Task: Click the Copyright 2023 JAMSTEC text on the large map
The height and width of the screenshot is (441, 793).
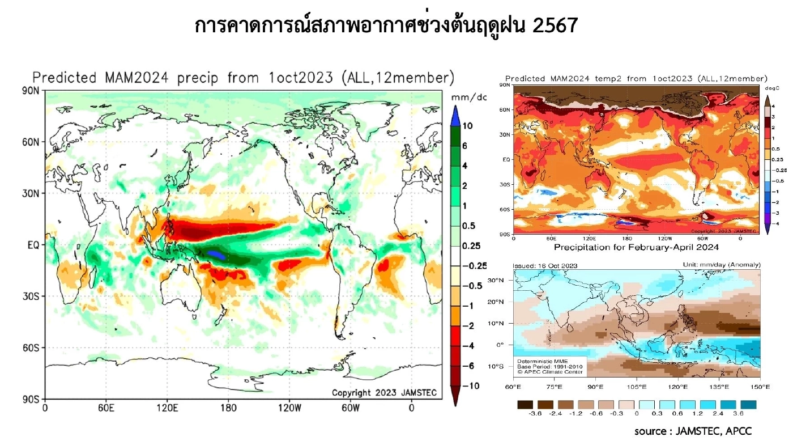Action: pos(382,392)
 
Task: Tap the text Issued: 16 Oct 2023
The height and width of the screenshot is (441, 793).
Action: pos(545,265)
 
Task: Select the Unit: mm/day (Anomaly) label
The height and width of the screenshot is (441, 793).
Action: pos(721,265)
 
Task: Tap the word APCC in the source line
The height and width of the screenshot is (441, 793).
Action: pos(739,432)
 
